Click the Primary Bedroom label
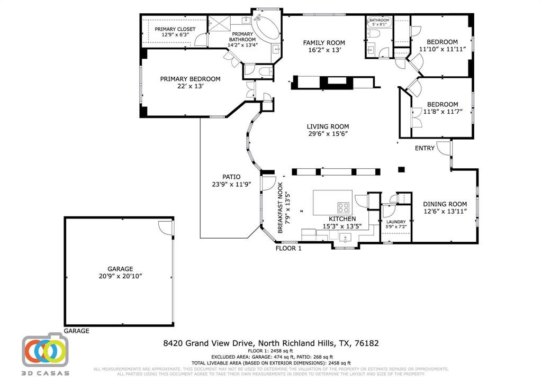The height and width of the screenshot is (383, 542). [190, 79]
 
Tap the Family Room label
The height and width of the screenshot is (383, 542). [323, 43]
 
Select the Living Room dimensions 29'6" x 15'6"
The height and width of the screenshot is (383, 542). [328, 134]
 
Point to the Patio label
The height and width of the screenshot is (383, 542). [231, 177]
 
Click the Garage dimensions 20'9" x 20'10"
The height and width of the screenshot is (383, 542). [121, 276]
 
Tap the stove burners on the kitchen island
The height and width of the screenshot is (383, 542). [344, 207]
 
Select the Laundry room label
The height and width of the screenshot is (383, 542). [396, 222]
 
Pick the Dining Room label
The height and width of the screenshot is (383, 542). [445, 204]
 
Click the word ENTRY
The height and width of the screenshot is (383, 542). [424, 148]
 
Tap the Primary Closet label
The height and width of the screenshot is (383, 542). [175, 29]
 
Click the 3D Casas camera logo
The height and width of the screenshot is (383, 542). [45, 350]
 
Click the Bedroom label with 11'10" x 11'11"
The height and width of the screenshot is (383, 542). [442, 42]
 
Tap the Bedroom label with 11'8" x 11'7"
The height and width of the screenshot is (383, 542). [442, 104]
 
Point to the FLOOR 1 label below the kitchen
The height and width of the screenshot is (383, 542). [288, 248]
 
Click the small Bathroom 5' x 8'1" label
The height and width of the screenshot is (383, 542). [379, 21]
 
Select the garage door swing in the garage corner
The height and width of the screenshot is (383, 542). [166, 227]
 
